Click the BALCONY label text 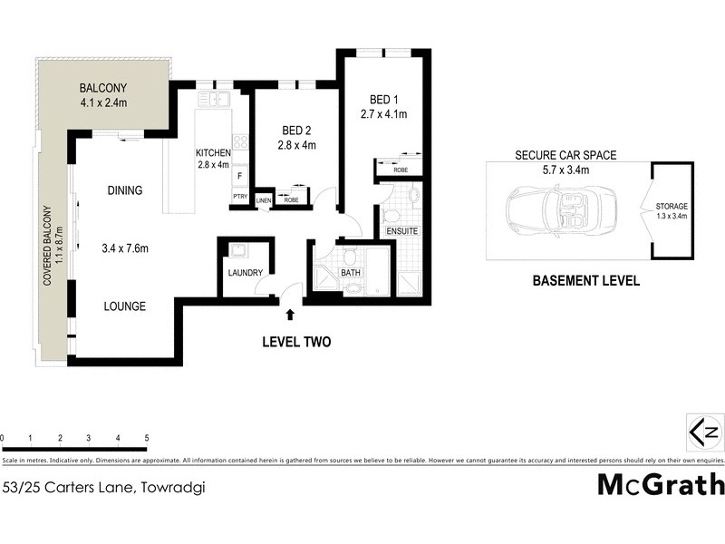102,88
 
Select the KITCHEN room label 215,152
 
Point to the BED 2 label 297,131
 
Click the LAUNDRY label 246,273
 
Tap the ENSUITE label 402,231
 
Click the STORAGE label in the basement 672,207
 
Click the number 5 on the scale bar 147,439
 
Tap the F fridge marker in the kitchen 240,176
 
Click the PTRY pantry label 240,196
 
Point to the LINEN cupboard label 264,199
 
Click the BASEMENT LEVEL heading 585,281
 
